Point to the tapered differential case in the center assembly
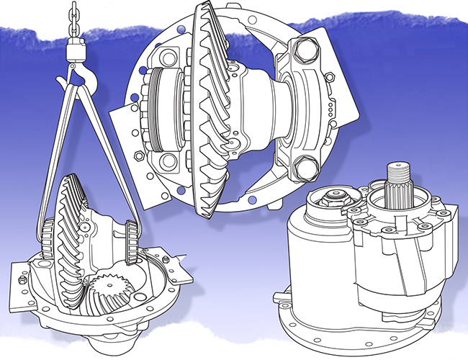[x=259, y=108]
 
